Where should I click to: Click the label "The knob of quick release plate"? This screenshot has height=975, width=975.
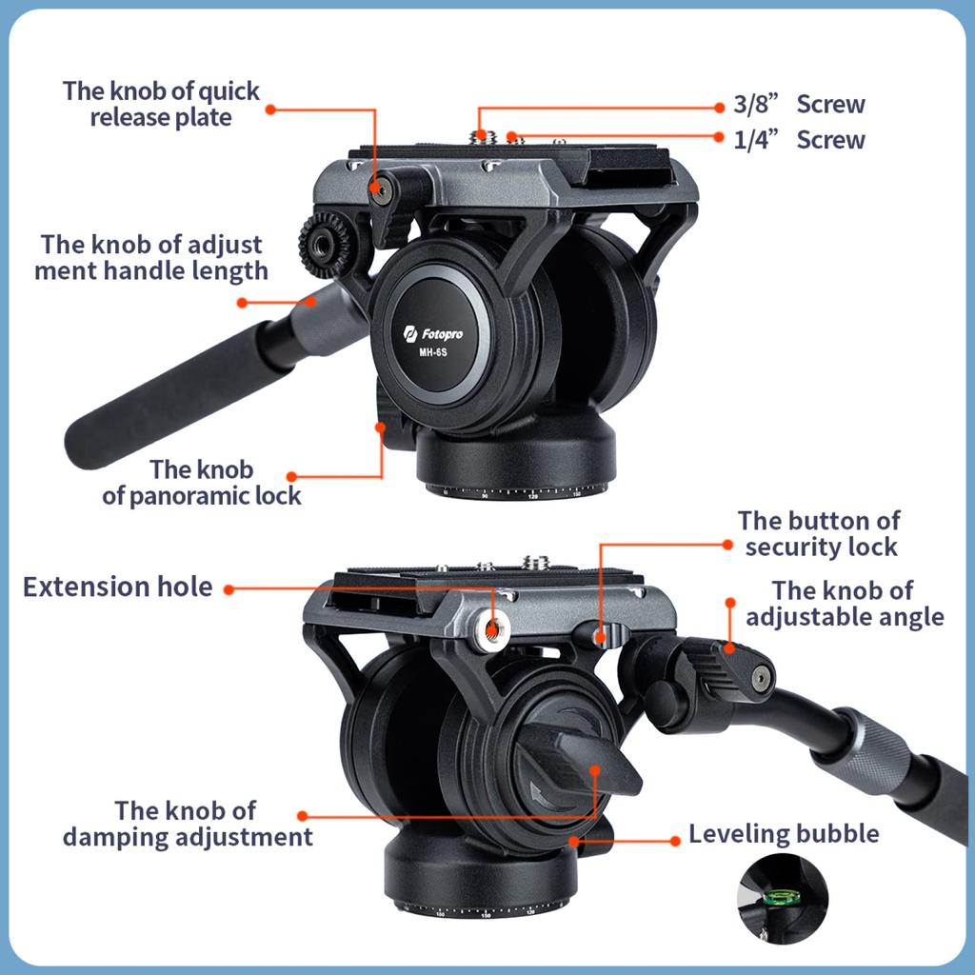tap(161, 105)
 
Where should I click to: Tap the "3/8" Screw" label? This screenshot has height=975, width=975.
tap(799, 105)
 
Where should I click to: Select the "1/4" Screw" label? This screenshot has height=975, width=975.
tap(799, 140)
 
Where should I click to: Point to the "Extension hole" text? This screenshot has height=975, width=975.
tap(117, 587)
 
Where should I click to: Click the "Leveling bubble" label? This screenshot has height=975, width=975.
tap(783, 835)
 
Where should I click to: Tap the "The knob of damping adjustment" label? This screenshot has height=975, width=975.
tap(188, 824)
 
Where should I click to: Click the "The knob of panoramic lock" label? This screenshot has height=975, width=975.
tap(201, 483)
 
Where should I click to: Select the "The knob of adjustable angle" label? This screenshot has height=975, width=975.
tap(845, 604)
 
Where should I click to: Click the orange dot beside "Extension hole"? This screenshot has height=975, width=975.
tap(229, 588)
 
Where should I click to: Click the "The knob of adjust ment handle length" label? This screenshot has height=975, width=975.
tap(150, 257)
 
